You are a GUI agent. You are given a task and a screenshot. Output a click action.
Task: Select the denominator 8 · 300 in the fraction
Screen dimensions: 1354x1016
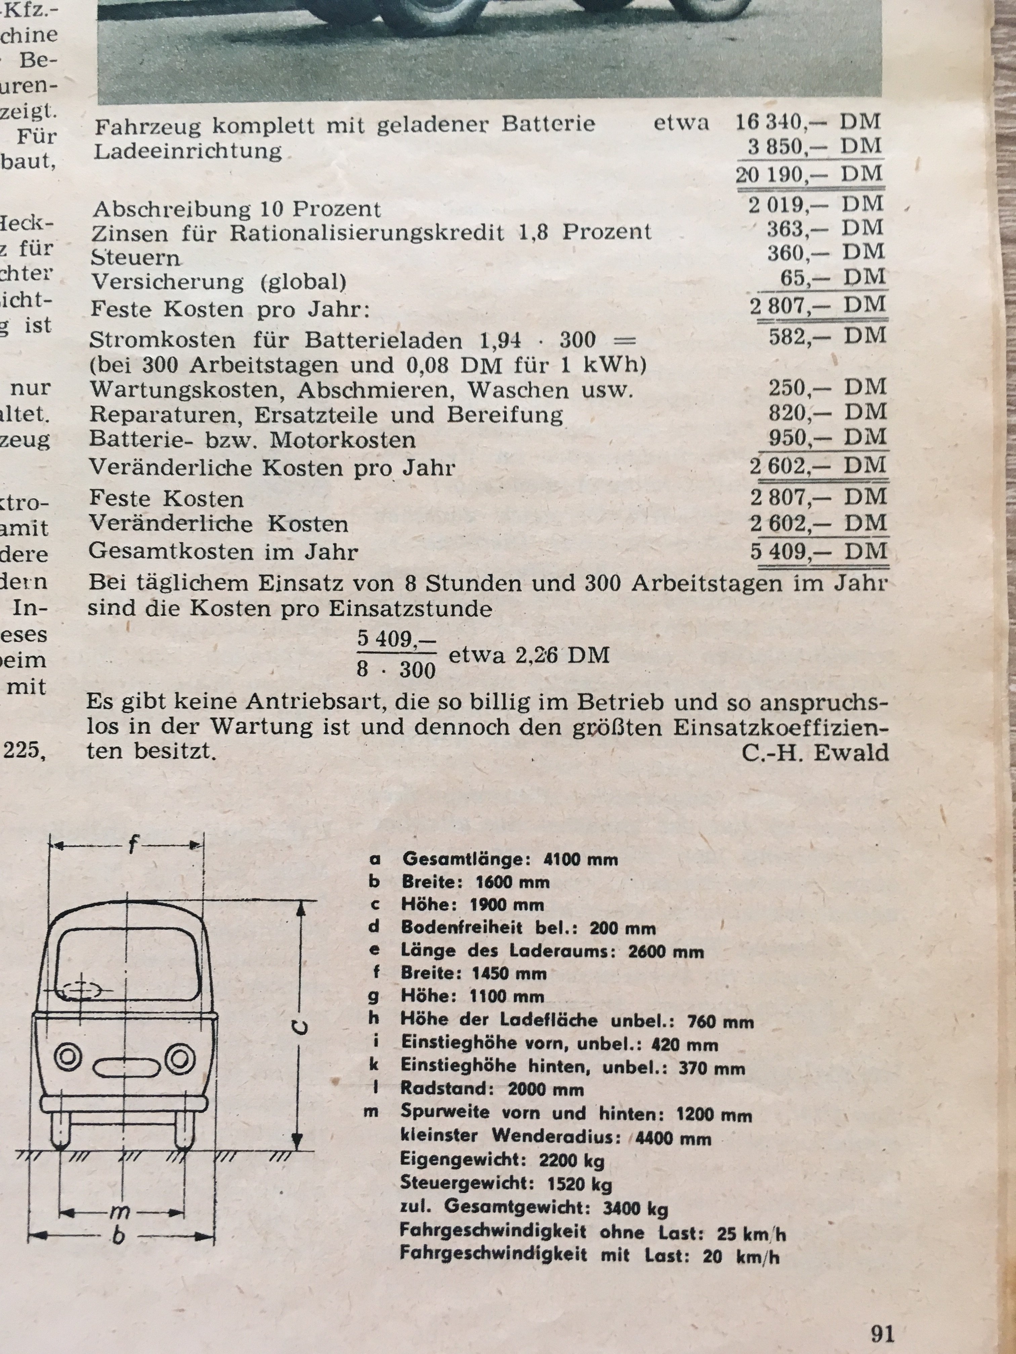click(x=396, y=670)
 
